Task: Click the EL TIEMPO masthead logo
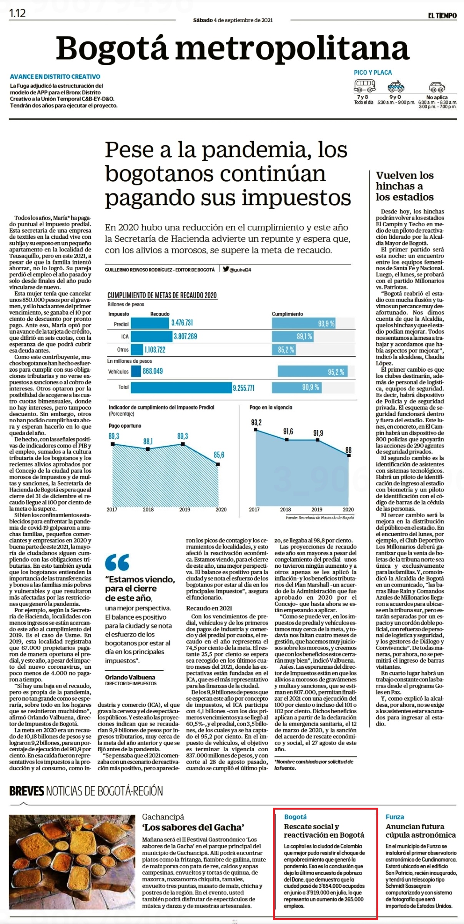pos(442,15)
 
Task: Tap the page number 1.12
pos(17,13)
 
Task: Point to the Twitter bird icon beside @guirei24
pos(226,269)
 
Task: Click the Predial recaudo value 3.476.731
pos(182,323)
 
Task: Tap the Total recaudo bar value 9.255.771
pos(243,388)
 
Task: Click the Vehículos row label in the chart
pos(118,372)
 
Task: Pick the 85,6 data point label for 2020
pos(219,455)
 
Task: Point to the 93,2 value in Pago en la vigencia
pos(256,423)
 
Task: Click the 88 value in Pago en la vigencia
pos(348,450)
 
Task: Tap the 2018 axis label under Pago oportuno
pos(148,509)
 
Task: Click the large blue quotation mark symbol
pos(117,562)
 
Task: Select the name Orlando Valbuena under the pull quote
pos(130,678)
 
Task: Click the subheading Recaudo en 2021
pos(209,608)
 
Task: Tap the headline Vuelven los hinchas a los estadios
pos(405,186)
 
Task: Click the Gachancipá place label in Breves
pos(163,817)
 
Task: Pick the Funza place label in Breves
pos(395,817)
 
